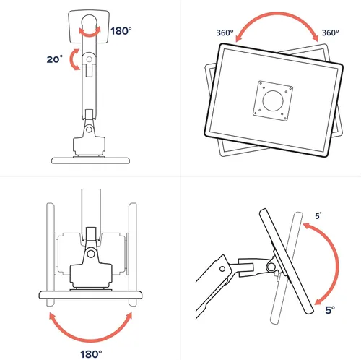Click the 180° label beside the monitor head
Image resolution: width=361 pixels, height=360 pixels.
pyautogui.click(x=121, y=31)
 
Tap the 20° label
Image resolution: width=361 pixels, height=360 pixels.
pyautogui.click(x=55, y=59)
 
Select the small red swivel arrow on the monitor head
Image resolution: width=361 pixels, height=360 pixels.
pyautogui.click(x=90, y=32)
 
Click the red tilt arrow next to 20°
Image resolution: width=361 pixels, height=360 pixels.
pyautogui.click(x=73, y=59)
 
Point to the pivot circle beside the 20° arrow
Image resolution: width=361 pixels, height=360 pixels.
pyautogui.click(x=89, y=59)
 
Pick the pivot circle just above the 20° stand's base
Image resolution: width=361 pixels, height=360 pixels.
pyautogui.click(x=89, y=129)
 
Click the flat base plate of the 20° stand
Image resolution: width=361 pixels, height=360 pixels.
pyautogui.click(x=90, y=160)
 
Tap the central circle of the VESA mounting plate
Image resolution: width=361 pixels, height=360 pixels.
pyautogui.click(x=273, y=100)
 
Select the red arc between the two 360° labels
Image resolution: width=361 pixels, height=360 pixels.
pyautogui.click(x=277, y=14)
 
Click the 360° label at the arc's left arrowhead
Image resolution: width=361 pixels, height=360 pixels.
pyautogui.click(x=225, y=33)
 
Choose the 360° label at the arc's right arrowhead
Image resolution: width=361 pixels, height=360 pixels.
pyautogui.click(x=331, y=33)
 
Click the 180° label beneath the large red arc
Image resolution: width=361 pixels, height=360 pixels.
pyautogui.click(x=91, y=354)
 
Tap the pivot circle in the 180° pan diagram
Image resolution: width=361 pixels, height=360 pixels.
pyautogui.click(x=91, y=254)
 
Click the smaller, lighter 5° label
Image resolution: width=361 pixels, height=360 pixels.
pyautogui.click(x=318, y=215)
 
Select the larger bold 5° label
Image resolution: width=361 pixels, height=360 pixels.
pyautogui.click(x=330, y=310)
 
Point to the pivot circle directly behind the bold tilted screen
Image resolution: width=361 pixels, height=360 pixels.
pyautogui.click(x=271, y=267)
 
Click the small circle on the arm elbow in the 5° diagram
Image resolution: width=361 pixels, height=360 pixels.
pyautogui.click(x=222, y=269)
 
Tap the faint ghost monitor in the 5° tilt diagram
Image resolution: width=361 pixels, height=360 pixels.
pyautogui.click(x=287, y=267)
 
